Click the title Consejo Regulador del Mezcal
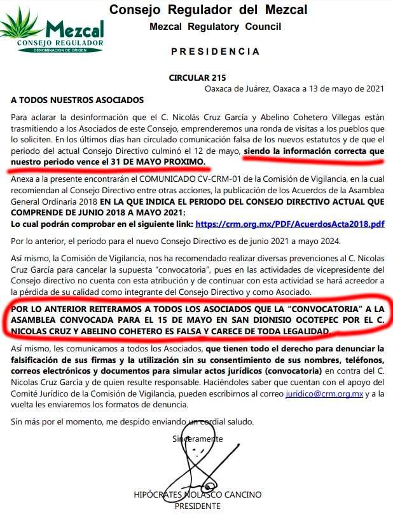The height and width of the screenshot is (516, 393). coord(208,10)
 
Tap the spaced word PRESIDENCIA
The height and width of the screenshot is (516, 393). coord(216,51)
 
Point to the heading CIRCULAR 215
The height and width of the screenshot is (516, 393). coord(197,78)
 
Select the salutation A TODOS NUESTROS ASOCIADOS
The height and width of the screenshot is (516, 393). coord(78,100)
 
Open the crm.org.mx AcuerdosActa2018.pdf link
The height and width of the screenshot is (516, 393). coord(290,224)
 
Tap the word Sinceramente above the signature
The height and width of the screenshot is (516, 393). coord(198,438)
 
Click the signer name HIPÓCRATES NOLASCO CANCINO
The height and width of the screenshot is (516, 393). coord(197,494)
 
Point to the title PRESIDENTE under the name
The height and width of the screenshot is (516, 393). coord(197,506)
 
